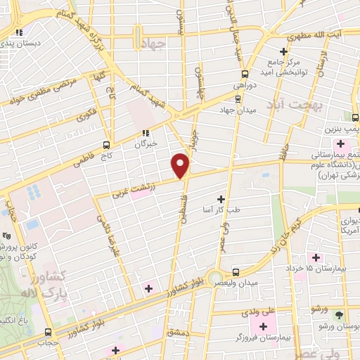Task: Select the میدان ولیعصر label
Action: coord(239,283)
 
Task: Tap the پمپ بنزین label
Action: coord(341,130)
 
